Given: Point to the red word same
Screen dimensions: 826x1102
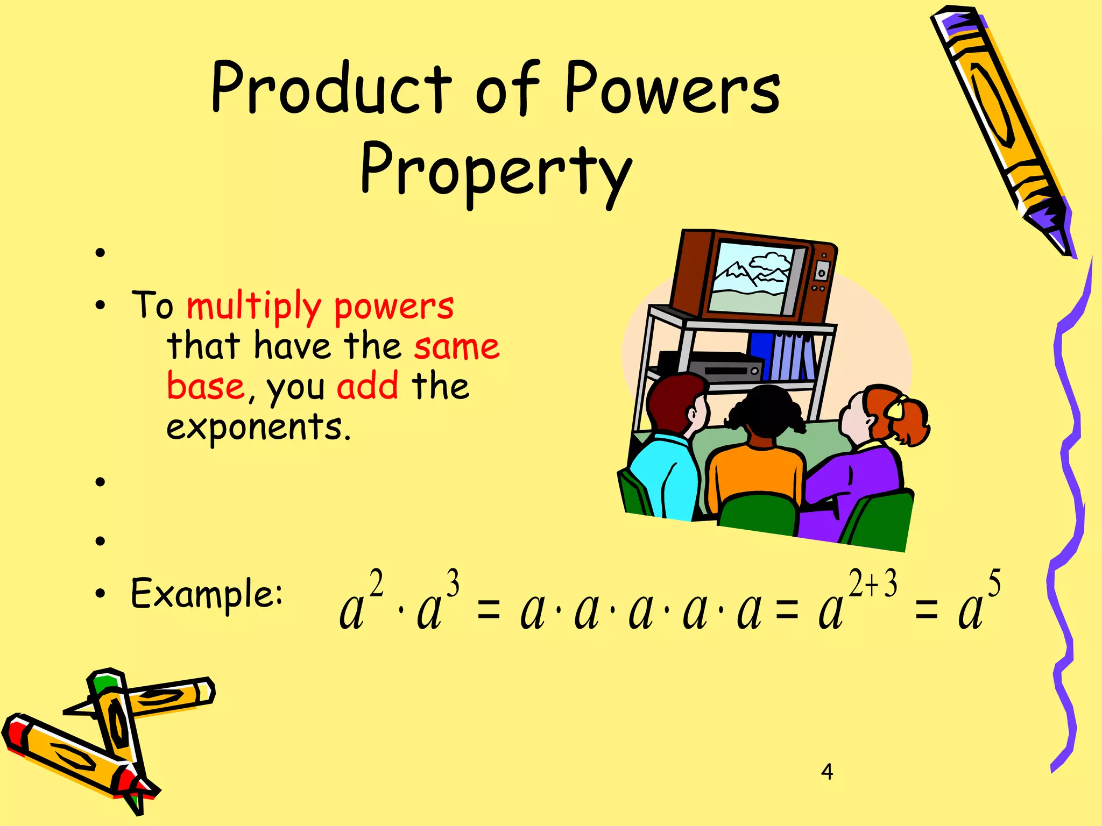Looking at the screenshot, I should click(457, 347).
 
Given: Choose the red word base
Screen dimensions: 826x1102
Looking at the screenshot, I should click(206, 386).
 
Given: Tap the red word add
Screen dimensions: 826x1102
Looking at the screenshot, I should click(368, 386).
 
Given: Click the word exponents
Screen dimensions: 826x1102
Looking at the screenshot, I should click(258, 428).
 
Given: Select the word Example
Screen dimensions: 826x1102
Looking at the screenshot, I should click(207, 594).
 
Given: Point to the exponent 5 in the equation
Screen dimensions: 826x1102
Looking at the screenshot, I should click(994, 583).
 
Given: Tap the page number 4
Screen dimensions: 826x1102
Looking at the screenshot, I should click(827, 772).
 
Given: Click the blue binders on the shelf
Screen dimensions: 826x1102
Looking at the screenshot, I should click(783, 355).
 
